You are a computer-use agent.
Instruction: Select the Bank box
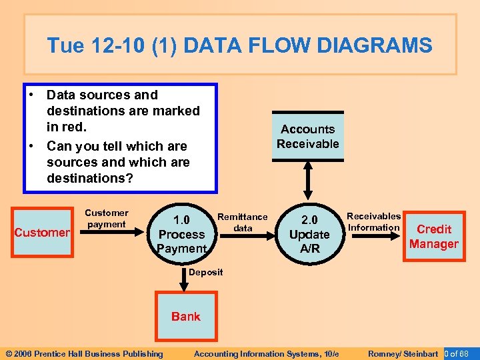point(185,316)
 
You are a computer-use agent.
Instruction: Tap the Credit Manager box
point(433,237)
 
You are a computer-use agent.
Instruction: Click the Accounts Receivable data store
point(308,136)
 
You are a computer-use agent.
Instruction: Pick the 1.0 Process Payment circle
point(181,234)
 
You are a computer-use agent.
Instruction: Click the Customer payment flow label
point(107,219)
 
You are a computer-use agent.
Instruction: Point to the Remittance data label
point(243,222)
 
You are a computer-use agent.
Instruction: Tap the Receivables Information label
point(373,221)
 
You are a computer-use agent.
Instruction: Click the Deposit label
point(205,272)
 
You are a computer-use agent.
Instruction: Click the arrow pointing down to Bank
point(181,277)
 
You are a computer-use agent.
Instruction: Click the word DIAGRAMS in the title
point(375,45)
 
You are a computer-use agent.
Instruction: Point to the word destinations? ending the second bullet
point(90,179)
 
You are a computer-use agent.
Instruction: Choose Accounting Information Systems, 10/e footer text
point(267,353)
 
